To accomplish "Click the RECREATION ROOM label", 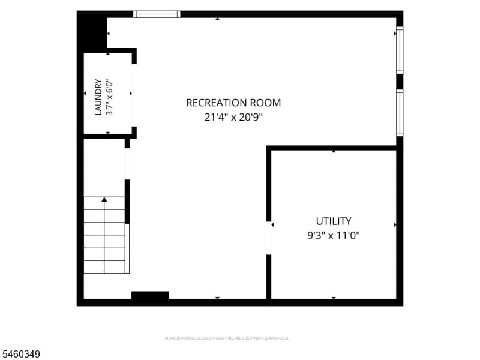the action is (x=233, y=103).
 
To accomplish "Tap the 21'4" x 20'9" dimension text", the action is (x=233, y=117).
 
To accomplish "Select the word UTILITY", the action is (x=334, y=221).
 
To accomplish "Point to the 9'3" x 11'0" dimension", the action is (x=334, y=236).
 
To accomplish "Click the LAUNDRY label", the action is (x=98, y=97).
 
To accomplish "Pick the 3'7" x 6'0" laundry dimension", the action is (x=109, y=98).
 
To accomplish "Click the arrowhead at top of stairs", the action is (x=104, y=199).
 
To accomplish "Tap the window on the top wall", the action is (x=157, y=14).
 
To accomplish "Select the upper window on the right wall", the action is (x=400, y=50).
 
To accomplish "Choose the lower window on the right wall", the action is (x=400, y=112).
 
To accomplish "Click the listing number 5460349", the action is (x=20, y=354).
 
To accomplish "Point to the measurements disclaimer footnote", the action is (x=227, y=338).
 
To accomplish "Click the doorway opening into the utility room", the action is (x=269, y=238).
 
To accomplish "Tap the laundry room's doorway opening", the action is (x=134, y=95).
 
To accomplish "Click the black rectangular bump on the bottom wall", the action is (x=150, y=295).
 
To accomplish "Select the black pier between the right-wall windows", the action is (x=400, y=82).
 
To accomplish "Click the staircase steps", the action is (x=104, y=235).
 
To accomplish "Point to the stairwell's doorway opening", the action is (x=127, y=164).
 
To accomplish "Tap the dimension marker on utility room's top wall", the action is (x=334, y=151).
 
